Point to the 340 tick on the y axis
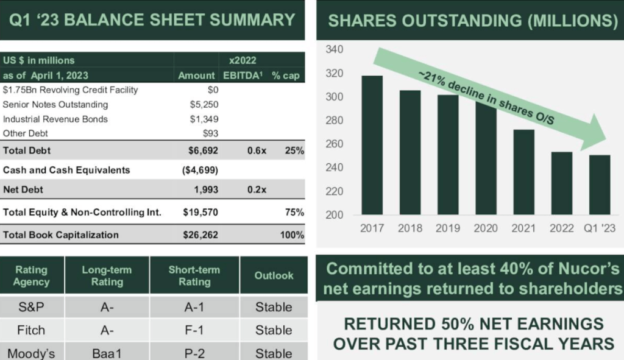[x=336, y=49]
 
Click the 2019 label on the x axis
[x=448, y=228]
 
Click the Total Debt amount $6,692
[x=200, y=150]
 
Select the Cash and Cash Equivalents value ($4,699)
[x=200, y=170]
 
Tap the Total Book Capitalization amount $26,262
[x=200, y=235]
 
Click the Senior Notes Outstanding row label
[x=55, y=105]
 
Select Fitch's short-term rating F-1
[x=194, y=330]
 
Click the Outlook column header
[x=274, y=275]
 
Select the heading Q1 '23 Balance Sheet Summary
[x=152, y=19]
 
